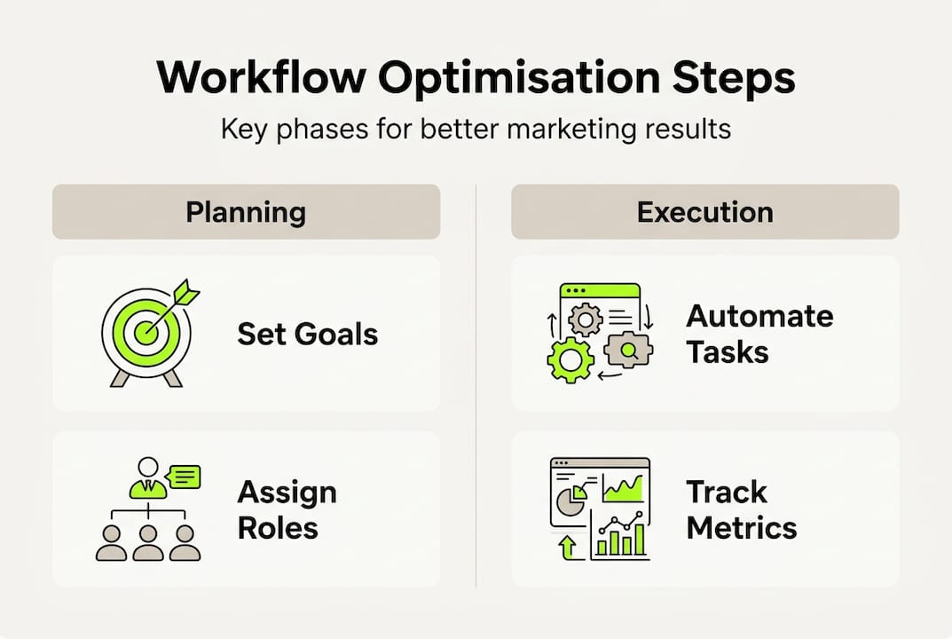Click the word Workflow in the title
click(x=261, y=77)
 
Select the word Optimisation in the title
click(x=519, y=79)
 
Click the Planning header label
click(x=246, y=213)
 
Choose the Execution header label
click(x=704, y=212)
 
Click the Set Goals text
click(x=307, y=334)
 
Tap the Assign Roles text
click(x=287, y=509)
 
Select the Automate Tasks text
click(x=759, y=334)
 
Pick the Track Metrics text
click(x=742, y=509)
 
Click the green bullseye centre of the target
click(x=146, y=332)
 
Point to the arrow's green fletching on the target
click(x=185, y=293)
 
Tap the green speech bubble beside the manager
click(x=184, y=477)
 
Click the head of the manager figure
click(x=147, y=468)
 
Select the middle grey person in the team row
click(x=148, y=542)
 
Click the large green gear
click(x=570, y=360)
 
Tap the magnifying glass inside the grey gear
click(x=628, y=351)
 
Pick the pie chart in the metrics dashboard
click(x=571, y=501)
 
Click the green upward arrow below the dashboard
click(x=568, y=548)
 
